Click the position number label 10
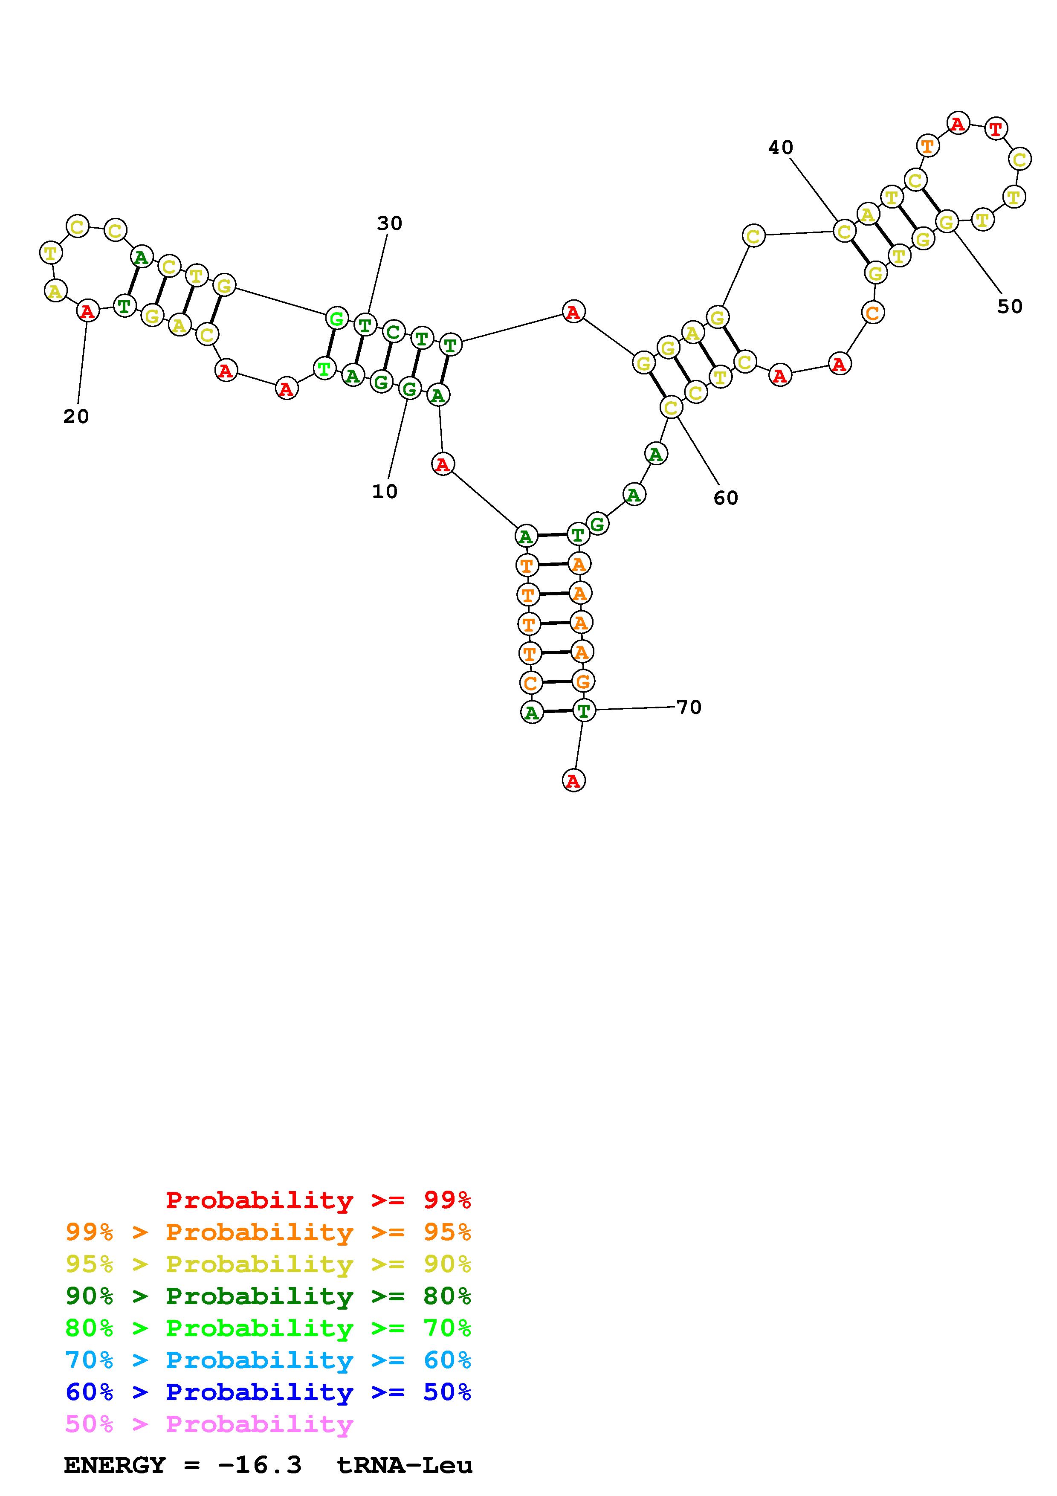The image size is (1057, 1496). tap(384, 491)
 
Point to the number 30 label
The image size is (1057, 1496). tap(389, 223)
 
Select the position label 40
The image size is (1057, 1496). tap(780, 148)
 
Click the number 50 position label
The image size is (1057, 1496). tap(1009, 306)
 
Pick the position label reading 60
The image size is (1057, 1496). tap(726, 498)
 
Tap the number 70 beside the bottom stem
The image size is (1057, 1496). tap(689, 707)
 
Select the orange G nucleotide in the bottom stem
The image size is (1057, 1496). tap(582, 681)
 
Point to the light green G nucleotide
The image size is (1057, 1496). tap(336, 319)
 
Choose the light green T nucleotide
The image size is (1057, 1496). tap(323, 369)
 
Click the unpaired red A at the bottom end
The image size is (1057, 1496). tap(573, 780)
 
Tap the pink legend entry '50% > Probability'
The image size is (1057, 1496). tap(209, 1424)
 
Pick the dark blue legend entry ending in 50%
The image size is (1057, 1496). tap(268, 1392)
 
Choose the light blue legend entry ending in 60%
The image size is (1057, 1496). tap(268, 1360)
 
